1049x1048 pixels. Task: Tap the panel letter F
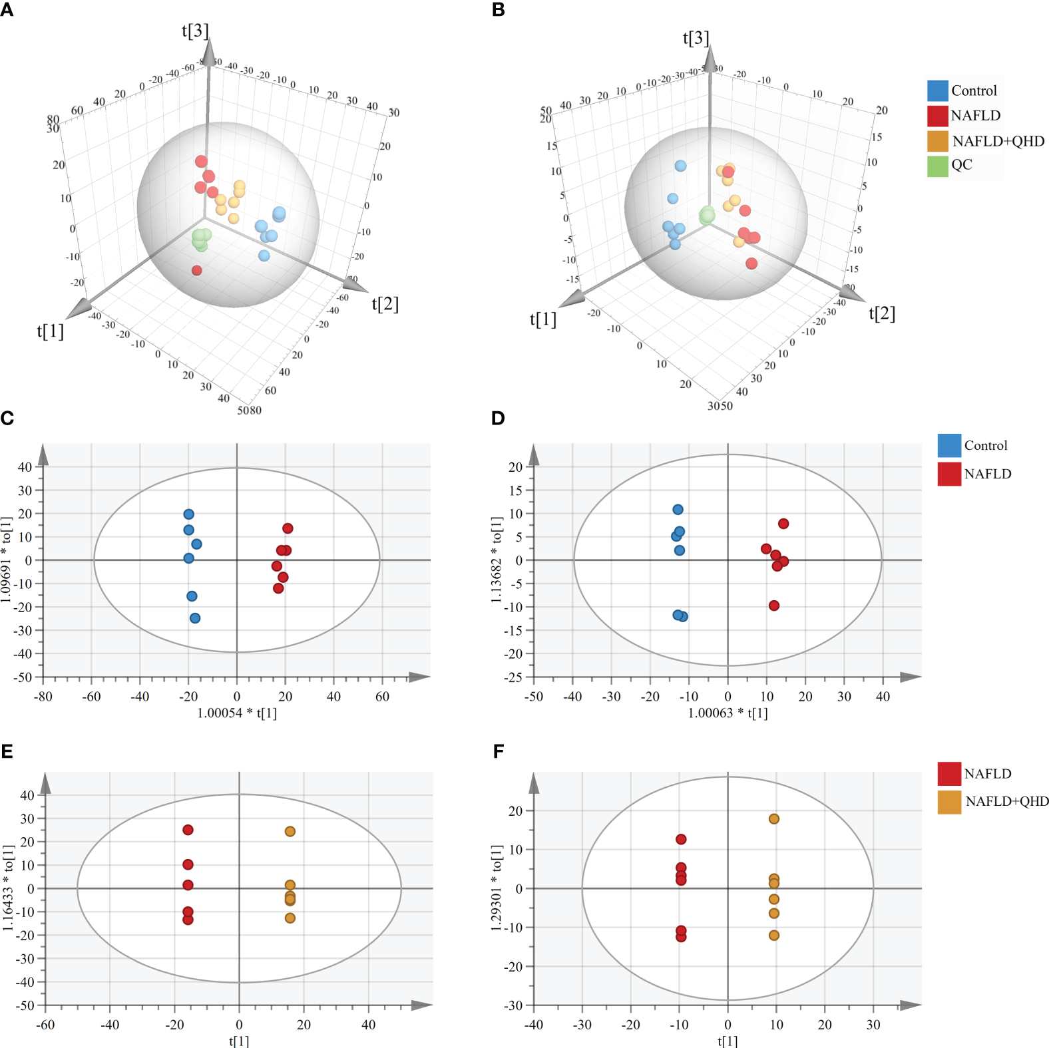499,751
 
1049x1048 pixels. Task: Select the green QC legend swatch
937,166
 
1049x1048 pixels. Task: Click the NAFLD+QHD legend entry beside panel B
998,141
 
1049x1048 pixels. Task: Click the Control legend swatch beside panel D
948,445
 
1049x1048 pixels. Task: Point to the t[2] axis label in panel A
385,304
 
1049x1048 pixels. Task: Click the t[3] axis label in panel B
696,38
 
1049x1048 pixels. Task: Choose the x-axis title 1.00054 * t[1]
237,713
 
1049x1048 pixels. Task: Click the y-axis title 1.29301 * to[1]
497,888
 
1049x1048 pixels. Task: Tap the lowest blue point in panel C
195,618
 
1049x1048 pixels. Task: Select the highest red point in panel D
783,524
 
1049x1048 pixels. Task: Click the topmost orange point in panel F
774,819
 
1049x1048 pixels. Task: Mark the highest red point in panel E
188,830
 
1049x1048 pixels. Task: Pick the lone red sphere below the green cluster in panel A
196,270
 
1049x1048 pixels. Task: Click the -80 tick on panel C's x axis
43,697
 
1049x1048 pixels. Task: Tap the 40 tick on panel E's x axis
368,1025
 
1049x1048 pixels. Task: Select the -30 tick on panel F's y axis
513,1005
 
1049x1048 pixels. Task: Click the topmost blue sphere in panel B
680,166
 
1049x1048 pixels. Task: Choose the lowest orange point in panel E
290,918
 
